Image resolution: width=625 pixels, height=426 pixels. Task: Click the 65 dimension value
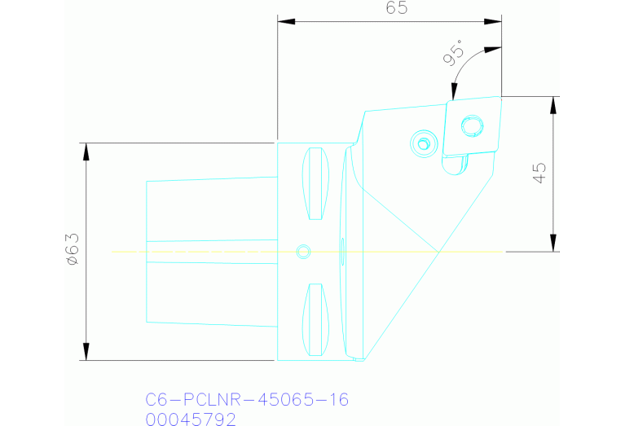[x=397, y=7]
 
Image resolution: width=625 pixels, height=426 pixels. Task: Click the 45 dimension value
[x=539, y=173]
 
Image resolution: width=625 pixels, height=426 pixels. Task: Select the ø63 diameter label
[x=73, y=249]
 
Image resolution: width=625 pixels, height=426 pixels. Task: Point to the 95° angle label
[x=454, y=52]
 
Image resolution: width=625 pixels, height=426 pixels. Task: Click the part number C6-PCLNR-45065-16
[x=247, y=399]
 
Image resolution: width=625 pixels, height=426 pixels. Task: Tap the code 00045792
[x=191, y=419]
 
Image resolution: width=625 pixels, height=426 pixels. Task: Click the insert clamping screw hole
[x=473, y=126]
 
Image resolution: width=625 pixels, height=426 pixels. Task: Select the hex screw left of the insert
[x=424, y=143]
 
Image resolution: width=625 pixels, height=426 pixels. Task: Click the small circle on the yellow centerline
[x=303, y=252]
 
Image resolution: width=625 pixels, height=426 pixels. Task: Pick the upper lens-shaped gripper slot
[x=315, y=184]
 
